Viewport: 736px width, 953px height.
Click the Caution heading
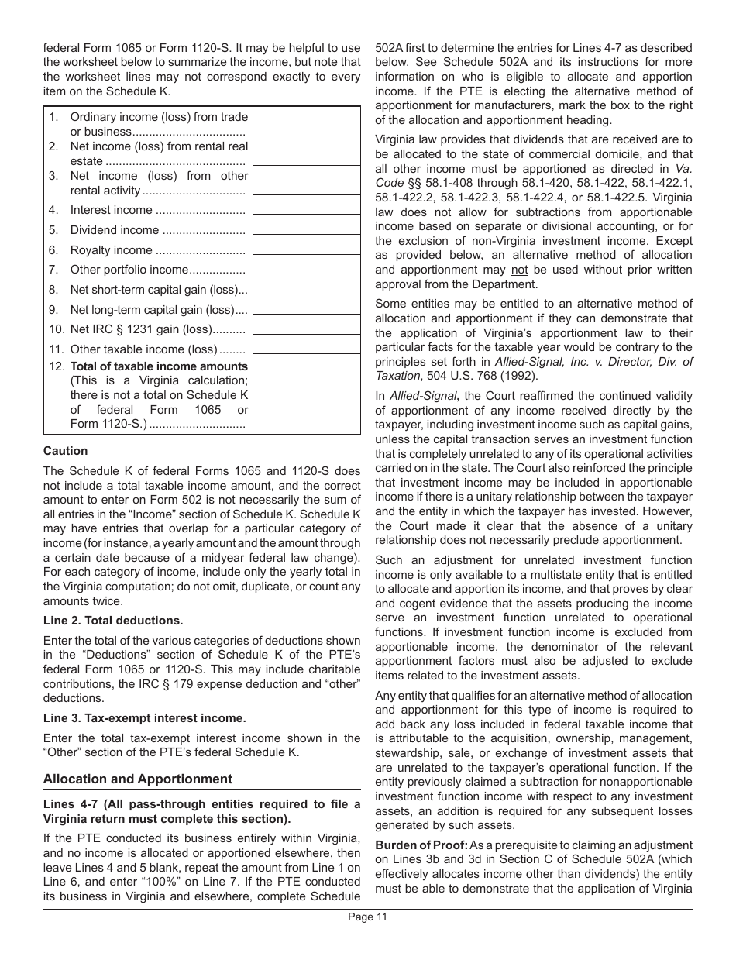pos(65,451)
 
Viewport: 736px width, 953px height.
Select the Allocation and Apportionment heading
pos(137,779)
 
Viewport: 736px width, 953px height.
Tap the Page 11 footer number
pos(367,917)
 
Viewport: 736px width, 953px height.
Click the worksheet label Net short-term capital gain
pos(158,290)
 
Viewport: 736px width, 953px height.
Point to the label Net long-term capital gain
pos(158,310)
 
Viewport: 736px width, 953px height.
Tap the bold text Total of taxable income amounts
pos(159,366)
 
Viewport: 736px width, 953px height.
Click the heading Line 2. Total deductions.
pos(113,621)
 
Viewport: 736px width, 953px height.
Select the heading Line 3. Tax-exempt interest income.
pos(144,718)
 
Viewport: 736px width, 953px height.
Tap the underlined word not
pos(519,270)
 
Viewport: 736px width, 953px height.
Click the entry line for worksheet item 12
pos(306,427)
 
